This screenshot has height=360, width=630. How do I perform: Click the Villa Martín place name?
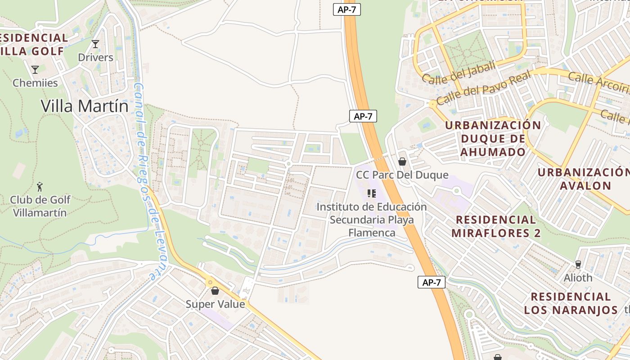[85, 106]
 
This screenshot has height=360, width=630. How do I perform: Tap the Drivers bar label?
[95, 57]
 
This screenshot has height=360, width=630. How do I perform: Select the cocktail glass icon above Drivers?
[95, 44]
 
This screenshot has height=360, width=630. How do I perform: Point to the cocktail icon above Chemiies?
[35, 69]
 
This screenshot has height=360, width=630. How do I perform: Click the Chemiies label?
[35, 83]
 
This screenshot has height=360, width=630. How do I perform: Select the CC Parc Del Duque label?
[402, 175]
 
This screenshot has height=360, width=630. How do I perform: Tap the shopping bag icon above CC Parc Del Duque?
[402, 161]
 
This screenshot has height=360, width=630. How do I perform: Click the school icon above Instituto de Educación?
[372, 193]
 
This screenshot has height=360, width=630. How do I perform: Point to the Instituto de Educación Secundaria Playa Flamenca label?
[372, 220]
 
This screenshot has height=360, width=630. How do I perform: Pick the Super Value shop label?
[215, 304]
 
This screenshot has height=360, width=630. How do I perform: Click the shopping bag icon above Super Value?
[215, 291]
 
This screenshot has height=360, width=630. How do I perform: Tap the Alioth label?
[578, 278]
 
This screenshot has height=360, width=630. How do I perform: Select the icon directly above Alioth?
[578, 264]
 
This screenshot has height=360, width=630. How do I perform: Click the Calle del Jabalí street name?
[459, 72]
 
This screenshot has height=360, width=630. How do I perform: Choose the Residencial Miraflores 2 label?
[496, 226]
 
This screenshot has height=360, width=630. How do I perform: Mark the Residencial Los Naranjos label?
[571, 303]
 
